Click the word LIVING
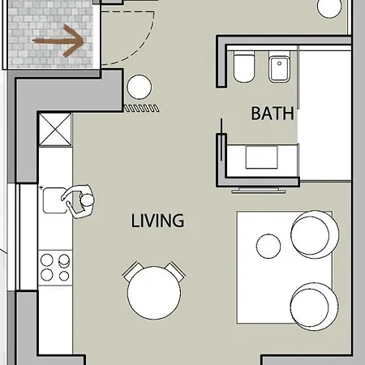click(157, 221)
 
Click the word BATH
click(273, 114)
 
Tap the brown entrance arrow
click(58, 41)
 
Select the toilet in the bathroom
click(244, 67)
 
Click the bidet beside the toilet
click(279, 67)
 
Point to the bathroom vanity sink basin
click(261, 157)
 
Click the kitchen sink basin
click(54, 200)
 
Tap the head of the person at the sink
click(88, 200)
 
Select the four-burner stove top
click(55, 268)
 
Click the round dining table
click(154, 293)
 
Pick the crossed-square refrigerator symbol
click(55, 130)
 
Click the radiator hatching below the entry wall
click(141, 109)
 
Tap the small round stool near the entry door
click(140, 87)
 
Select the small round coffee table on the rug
click(268, 247)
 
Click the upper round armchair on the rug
click(315, 234)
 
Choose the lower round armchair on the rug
click(315, 307)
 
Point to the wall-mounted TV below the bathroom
click(259, 191)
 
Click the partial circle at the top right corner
click(329, 9)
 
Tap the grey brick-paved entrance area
click(51, 34)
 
